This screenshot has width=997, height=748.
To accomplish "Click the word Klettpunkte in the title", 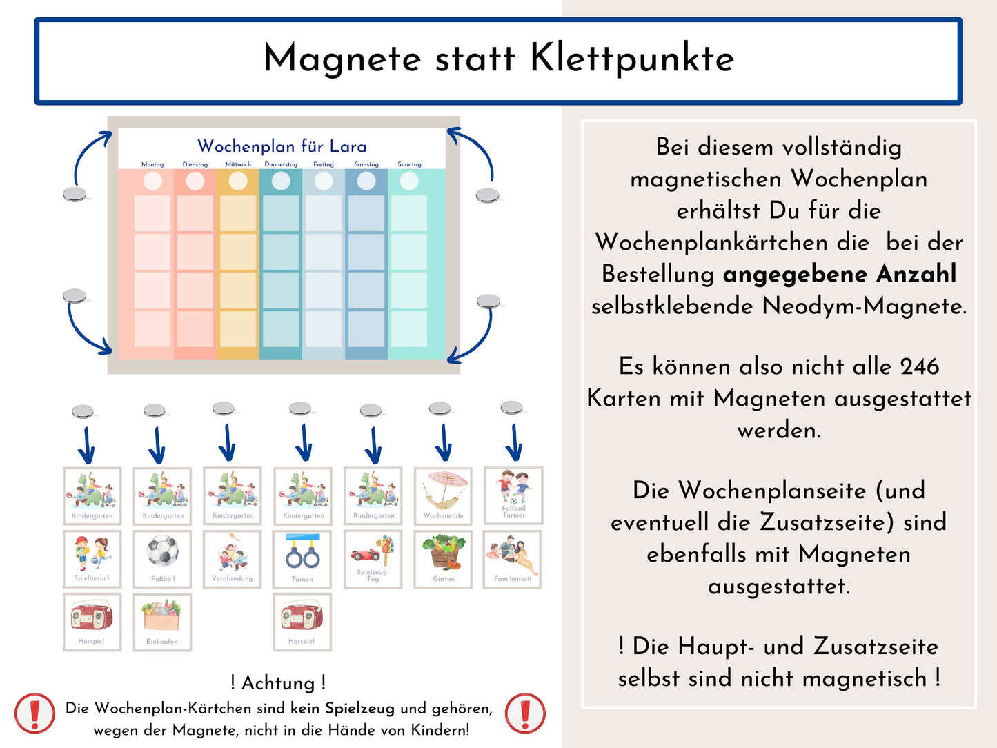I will [631, 59].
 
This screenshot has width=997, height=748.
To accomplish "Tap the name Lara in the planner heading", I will [348, 146].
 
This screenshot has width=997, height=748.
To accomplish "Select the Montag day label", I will [152, 164].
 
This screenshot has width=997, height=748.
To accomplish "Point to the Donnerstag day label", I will [281, 164].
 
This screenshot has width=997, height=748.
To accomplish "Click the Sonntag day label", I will [409, 164].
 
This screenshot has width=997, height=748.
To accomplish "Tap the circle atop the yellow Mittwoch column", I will [238, 181].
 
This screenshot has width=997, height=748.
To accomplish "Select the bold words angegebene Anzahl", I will [839, 274].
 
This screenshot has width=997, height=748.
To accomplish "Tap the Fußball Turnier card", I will [513, 495].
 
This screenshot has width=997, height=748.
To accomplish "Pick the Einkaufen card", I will [162, 622].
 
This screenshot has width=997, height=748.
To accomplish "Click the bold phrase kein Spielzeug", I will [342, 709].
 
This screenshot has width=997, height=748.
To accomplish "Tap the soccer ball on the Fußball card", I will [163, 551].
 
